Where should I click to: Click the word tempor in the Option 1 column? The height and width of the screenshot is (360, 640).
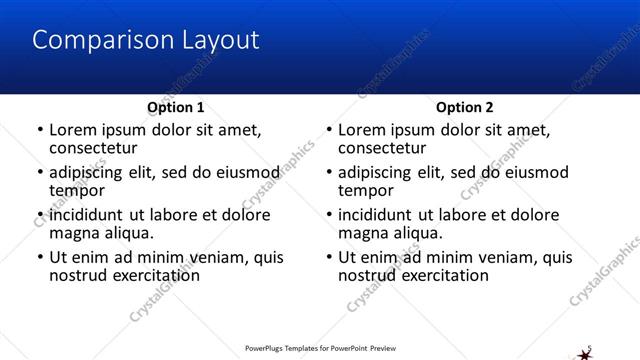[x=77, y=190]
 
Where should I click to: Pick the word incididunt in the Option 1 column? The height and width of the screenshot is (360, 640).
[x=88, y=215]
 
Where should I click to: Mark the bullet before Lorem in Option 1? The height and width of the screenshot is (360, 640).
[x=40, y=130]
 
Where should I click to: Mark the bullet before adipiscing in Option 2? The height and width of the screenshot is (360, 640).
[x=329, y=173]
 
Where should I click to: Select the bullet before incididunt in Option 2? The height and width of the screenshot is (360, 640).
[x=329, y=216]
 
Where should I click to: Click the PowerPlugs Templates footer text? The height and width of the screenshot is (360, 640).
[x=320, y=350]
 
